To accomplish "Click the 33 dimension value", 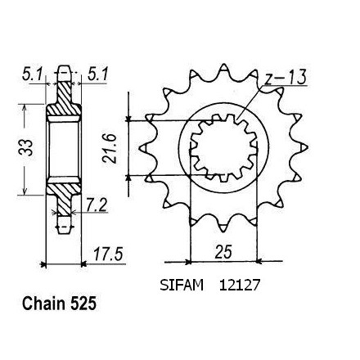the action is tap(27, 147).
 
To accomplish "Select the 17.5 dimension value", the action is tap(108, 254).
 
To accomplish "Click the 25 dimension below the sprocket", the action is tap(223, 252).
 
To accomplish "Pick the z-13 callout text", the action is tap(286, 77).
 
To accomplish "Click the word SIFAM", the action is tap(182, 286).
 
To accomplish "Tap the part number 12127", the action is tap(240, 286).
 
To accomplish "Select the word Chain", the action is tap(44, 304).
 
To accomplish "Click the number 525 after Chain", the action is tap(83, 304).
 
